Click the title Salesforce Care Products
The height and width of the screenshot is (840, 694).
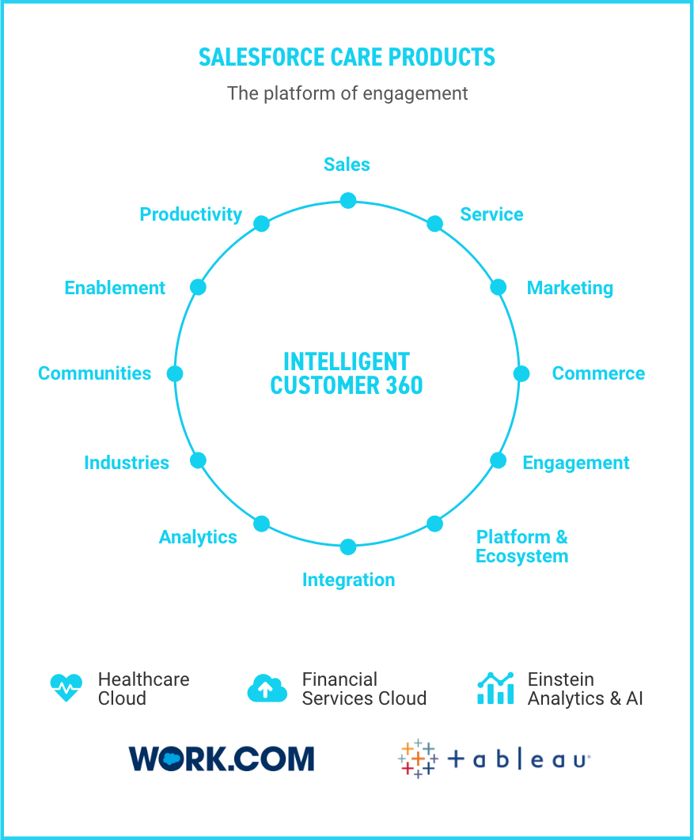pyautogui.click(x=347, y=58)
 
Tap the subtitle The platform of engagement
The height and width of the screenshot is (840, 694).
pyautogui.click(x=347, y=93)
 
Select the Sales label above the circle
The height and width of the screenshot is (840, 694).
pyautogui.click(x=347, y=165)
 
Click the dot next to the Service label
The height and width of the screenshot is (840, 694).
pyautogui.click(x=434, y=224)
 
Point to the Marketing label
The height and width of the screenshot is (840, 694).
pyautogui.click(x=570, y=288)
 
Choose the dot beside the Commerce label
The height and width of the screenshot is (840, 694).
pyautogui.click(x=521, y=373)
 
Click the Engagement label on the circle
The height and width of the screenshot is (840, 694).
pyautogui.click(x=575, y=463)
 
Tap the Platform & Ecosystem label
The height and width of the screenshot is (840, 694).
pyautogui.click(x=521, y=547)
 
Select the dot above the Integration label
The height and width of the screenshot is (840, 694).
pyautogui.click(x=348, y=547)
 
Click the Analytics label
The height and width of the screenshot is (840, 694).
pyautogui.click(x=198, y=537)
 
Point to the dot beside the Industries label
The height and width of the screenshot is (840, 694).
pyautogui.click(x=199, y=460)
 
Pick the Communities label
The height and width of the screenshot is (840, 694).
pyautogui.click(x=94, y=373)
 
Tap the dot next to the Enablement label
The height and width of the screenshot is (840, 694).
pyautogui.click(x=199, y=287)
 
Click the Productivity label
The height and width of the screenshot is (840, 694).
pyautogui.click(x=191, y=214)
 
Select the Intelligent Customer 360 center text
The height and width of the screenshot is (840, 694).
pyautogui.click(x=347, y=373)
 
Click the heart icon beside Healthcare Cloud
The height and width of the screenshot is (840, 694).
pyautogui.click(x=66, y=688)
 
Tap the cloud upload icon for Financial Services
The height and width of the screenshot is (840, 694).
pyautogui.click(x=267, y=688)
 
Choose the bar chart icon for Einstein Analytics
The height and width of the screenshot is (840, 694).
pyautogui.click(x=495, y=688)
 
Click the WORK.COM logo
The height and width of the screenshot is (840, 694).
pyautogui.click(x=221, y=759)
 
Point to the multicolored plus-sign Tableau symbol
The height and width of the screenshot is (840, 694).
pyautogui.click(x=417, y=759)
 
